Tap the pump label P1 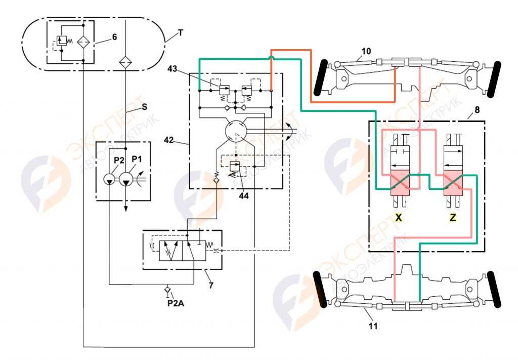[x=136, y=159]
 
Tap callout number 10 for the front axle [x=366, y=51]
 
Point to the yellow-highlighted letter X [x=399, y=218]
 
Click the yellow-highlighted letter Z [x=453, y=218]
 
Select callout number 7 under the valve [x=210, y=285]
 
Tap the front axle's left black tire [x=320, y=79]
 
